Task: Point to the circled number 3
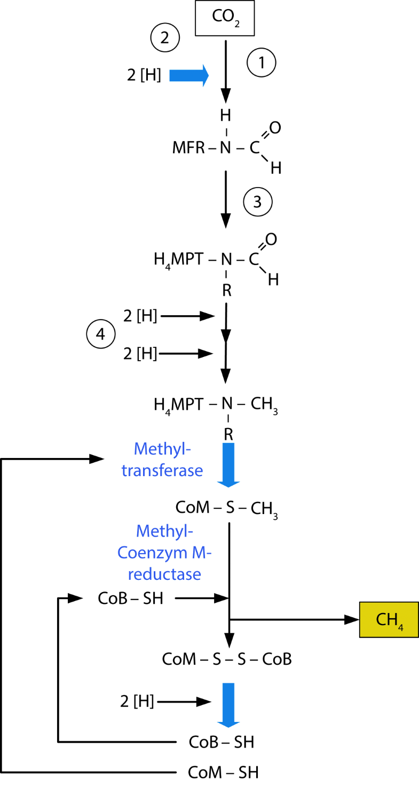258,203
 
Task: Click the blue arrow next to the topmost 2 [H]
189,76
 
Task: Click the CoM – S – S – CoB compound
227,659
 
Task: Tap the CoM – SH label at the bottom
223,773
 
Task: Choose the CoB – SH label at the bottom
222,742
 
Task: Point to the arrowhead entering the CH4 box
351,619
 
